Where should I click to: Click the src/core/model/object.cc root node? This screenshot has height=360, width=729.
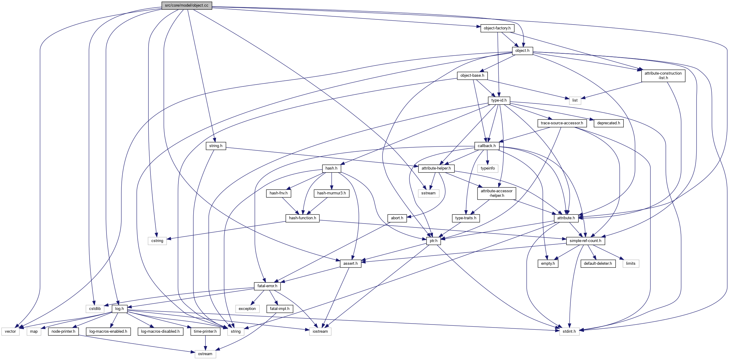pyautogui.click(x=187, y=5)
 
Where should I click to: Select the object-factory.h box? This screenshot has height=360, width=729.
pyautogui.click(x=497, y=28)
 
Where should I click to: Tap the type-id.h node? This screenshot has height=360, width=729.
pyautogui.click(x=499, y=100)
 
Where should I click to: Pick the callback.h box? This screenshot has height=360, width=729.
pyautogui.click(x=487, y=146)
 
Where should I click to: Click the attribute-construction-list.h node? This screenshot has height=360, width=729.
pyautogui.click(x=663, y=76)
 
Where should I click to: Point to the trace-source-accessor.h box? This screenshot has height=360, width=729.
pyautogui.click(x=562, y=123)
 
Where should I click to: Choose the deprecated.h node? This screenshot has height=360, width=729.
pyautogui.click(x=609, y=123)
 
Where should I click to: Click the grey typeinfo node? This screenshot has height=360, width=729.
pyautogui.click(x=488, y=168)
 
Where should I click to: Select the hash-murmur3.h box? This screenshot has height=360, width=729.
pyautogui.click(x=331, y=193)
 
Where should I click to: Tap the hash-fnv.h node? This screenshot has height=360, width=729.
pyautogui.click(x=278, y=193)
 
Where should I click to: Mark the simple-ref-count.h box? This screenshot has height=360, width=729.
pyautogui.click(x=585, y=241)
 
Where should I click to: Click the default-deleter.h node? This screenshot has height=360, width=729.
pyautogui.click(x=598, y=264)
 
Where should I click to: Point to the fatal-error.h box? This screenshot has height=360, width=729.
pyautogui.click(x=267, y=286)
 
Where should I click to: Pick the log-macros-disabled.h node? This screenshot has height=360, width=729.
pyautogui.click(x=160, y=331)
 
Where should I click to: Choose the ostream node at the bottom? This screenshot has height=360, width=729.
pyautogui.click(x=205, y=354)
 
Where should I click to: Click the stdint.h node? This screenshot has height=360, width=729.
pyautogui.click(x=569, y=331)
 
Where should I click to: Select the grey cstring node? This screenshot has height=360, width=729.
pyautogui.click(x=157, y=241)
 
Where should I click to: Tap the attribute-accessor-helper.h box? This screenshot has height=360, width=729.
pyautogui.click(x=496, y=193)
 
